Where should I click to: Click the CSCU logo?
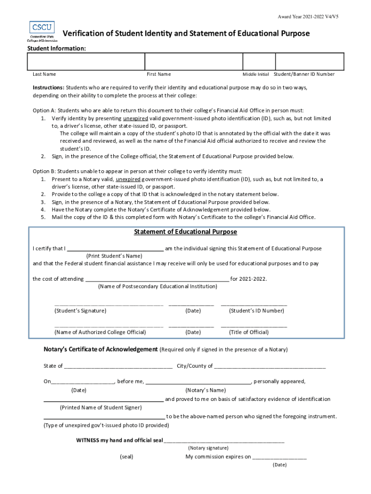[42, 31]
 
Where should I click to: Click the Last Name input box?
[86, 62]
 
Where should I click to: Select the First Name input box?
[193, 62]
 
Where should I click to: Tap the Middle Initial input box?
[258, 62]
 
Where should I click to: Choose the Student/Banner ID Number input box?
[309, 62]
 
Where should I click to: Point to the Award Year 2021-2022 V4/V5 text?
[311, 17]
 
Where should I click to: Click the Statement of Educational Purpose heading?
[185, 232]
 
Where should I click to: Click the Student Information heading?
[56, 48]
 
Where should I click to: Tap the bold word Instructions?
[48, 88]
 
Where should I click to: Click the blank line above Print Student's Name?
[115, 249]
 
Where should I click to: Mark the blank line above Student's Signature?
[109, 305]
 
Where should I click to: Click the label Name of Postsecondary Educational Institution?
[158, 287]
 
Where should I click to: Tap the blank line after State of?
[118, 367]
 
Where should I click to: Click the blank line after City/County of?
[270, 367]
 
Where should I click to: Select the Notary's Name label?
[205, 390]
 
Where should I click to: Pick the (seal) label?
[127, 456]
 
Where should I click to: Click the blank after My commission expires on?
[279, 457]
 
